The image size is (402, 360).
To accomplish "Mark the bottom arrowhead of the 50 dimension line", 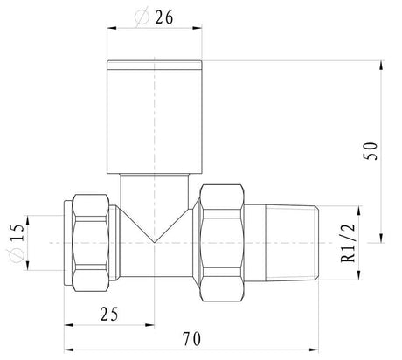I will click(382, 238).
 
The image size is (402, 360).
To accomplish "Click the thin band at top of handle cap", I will click(155, 66).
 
